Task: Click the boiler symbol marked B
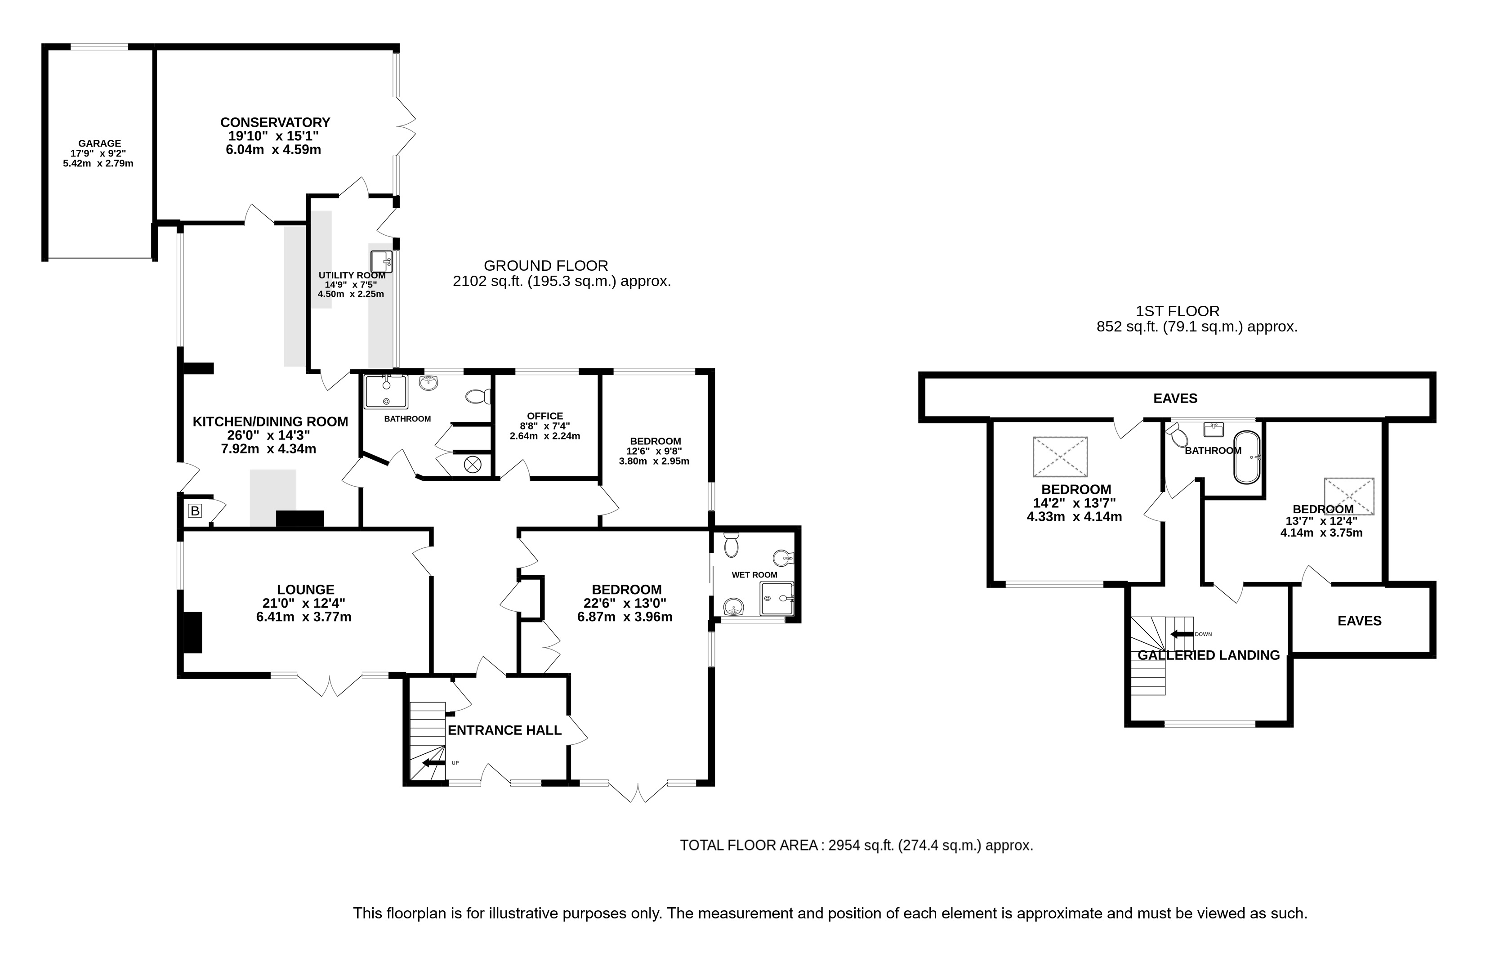pos(195,511)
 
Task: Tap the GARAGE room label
pos(99,143)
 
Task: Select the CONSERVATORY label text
pos(275,122)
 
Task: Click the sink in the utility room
pos(381,261)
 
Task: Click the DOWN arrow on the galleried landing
pos(1182,634)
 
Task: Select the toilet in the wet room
pos(731,545)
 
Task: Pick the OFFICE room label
pos(545,416)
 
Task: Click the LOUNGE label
pos(306,590)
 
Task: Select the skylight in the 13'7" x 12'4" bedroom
pos(1349,497)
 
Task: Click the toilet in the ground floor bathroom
pos(479,397)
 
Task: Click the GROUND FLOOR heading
pos(546,265)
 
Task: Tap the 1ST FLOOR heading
pos(1178,311)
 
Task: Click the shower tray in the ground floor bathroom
pos(386,392)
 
